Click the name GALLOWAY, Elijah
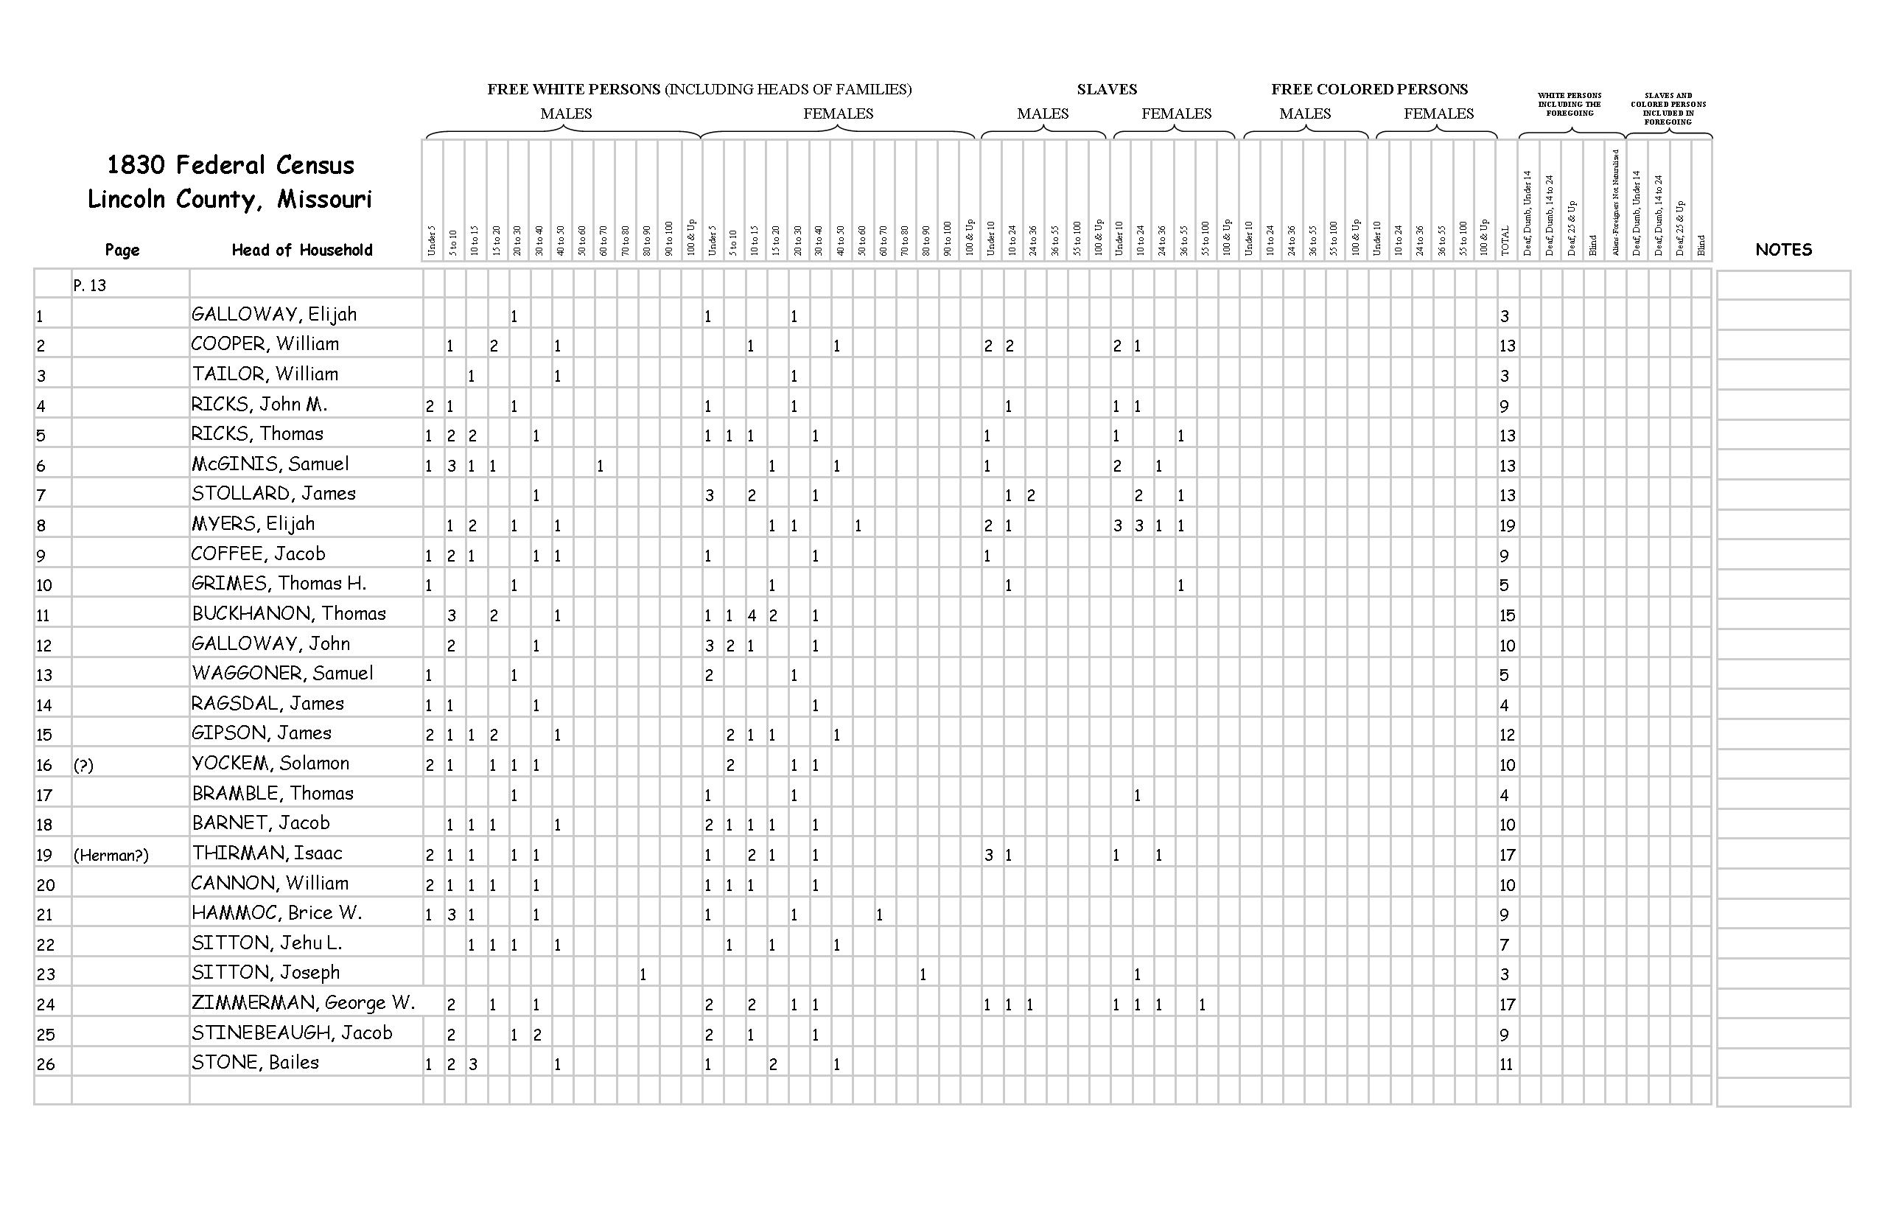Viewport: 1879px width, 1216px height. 274,314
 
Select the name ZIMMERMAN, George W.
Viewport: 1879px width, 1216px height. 303,1003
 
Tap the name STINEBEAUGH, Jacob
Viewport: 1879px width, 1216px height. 291,1032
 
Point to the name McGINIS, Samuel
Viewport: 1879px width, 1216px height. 270,464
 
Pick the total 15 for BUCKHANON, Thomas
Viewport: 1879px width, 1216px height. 1507,616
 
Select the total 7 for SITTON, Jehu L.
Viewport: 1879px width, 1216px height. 1504,944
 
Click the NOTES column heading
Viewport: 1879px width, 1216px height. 1782,250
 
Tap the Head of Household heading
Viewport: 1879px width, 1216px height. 301,251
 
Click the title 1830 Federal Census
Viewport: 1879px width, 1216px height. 231,165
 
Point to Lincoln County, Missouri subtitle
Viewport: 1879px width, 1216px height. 229,199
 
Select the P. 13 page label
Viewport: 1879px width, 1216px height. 89,286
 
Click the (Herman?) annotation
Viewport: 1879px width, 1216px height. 111,855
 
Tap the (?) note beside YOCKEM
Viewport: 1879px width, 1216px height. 83,765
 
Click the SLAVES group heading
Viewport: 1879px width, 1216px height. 1106,89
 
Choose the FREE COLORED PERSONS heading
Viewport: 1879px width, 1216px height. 1369,89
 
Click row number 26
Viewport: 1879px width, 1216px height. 45,1064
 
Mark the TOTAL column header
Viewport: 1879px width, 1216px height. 1505,241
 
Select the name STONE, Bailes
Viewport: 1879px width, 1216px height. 255,1063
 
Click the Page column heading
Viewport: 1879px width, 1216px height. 122,251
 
